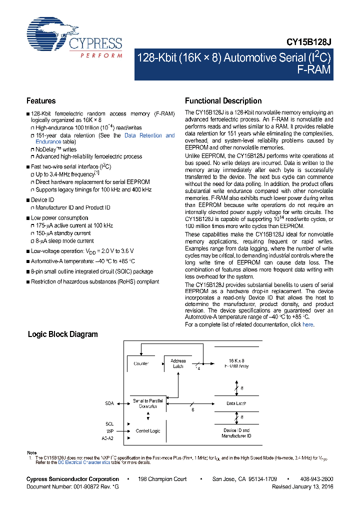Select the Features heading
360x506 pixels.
[x=41, y=100]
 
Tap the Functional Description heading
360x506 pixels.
[x=223, y=100]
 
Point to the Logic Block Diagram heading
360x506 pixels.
[x=62, y=334]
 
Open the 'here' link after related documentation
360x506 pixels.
[x=308, y=324]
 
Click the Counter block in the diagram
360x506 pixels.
[x=141, y=363]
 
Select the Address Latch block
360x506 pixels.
[x=178, y=363]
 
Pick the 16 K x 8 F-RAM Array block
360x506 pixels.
[x=236, y=363]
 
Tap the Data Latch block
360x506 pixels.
[x=236, y=403]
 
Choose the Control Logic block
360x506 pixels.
[x=148, y=430]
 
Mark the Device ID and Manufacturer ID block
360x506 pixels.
[x=236, y=432]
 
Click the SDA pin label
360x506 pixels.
[x=109, y=403]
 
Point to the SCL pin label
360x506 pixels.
[x=109, y=423]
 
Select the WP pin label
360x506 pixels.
[x=110, y=430]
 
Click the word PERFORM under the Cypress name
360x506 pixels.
[x=101, y=55]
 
